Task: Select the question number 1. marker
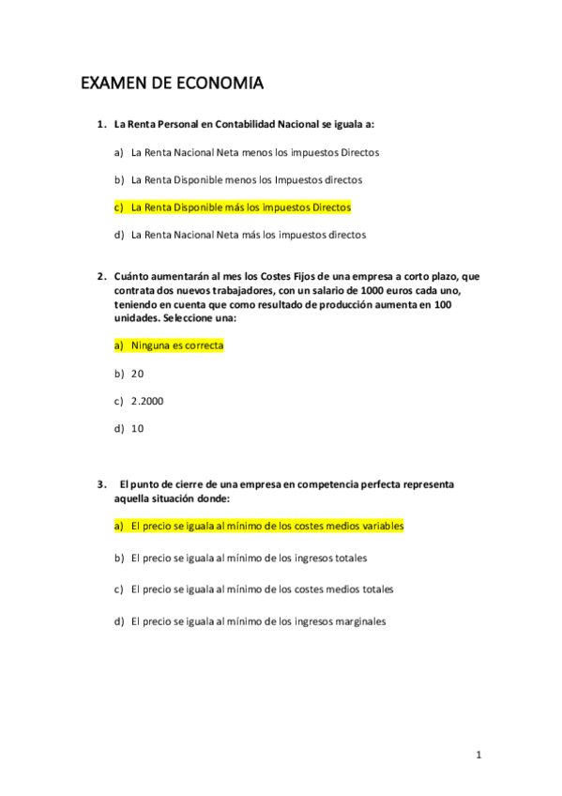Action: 101,124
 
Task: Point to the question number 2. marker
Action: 101,277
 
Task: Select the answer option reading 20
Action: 137,374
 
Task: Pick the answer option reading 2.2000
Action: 147,401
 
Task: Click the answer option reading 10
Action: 137,428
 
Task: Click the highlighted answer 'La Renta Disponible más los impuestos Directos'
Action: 241,207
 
